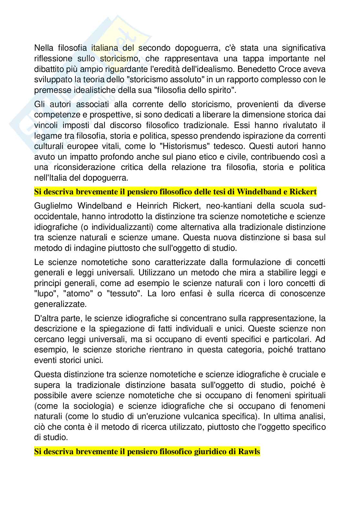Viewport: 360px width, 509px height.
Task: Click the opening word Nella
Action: click(44, 48)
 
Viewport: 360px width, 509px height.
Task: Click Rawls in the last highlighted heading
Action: click(249, 452)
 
